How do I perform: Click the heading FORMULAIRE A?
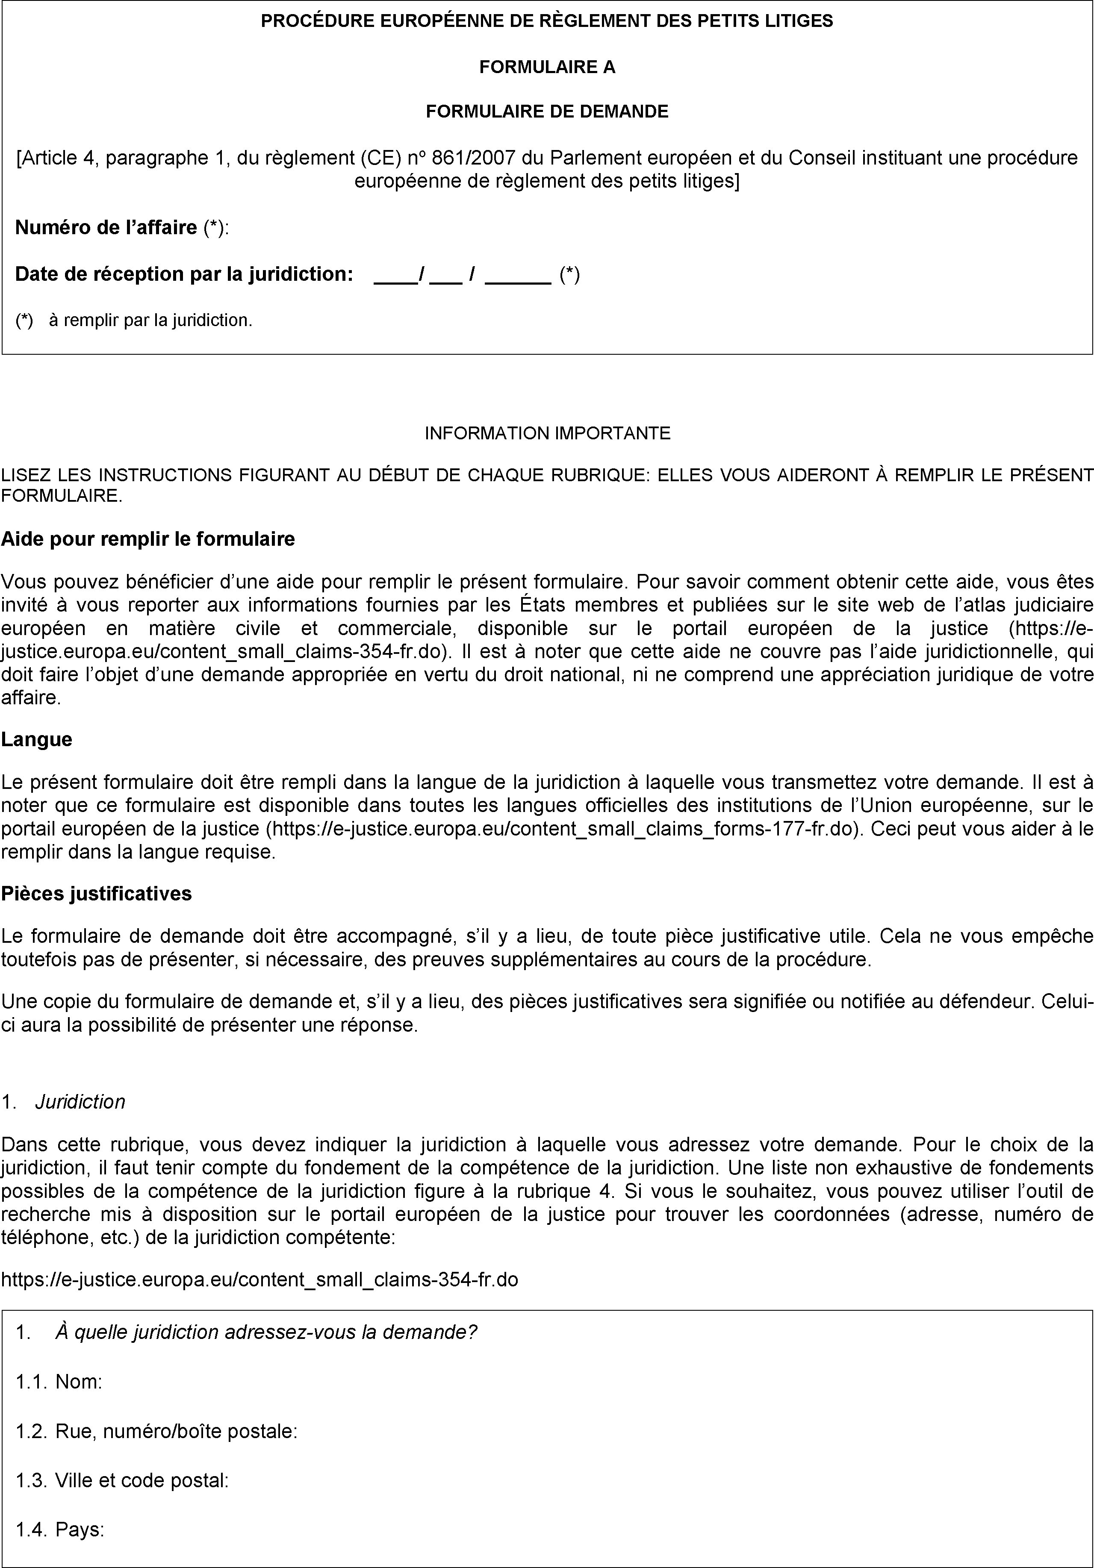pos(547,67)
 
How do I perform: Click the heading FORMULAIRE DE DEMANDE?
pos(547,111)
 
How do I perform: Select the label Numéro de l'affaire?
pos(106,227)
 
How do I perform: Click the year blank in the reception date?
pos(517,274)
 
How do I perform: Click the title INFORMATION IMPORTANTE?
pos(547,433)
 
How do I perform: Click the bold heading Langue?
pos(37,740)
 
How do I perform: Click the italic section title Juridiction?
pos(80,1102)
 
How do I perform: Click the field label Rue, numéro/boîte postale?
pos(176,1431)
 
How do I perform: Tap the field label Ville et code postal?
pos(142,1480)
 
